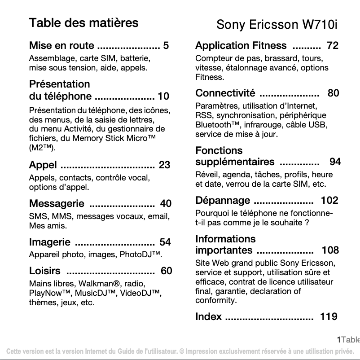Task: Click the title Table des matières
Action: tap(83, 23)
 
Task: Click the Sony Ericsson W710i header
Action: tap(277, 24)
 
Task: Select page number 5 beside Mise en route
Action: tap(166, 46)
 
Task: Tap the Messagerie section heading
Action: tap(57, 204)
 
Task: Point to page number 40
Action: tap(166, 204)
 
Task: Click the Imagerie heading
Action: tap(50, 242)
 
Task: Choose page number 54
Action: tap(165, 242)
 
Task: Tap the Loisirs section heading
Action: tap(45, 271)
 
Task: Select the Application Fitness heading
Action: tap(241, 46)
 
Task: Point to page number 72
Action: tap(333, 46)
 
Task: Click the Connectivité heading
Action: tap(225, 93)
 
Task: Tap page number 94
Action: tap(335, 162)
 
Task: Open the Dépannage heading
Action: tap(223, 201)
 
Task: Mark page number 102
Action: tap(329, 201)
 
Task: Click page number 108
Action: tap(330, 250)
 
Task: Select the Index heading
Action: tap(209, 317)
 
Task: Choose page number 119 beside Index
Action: tap(329, 317)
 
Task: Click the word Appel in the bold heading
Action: tap(43, 165)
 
